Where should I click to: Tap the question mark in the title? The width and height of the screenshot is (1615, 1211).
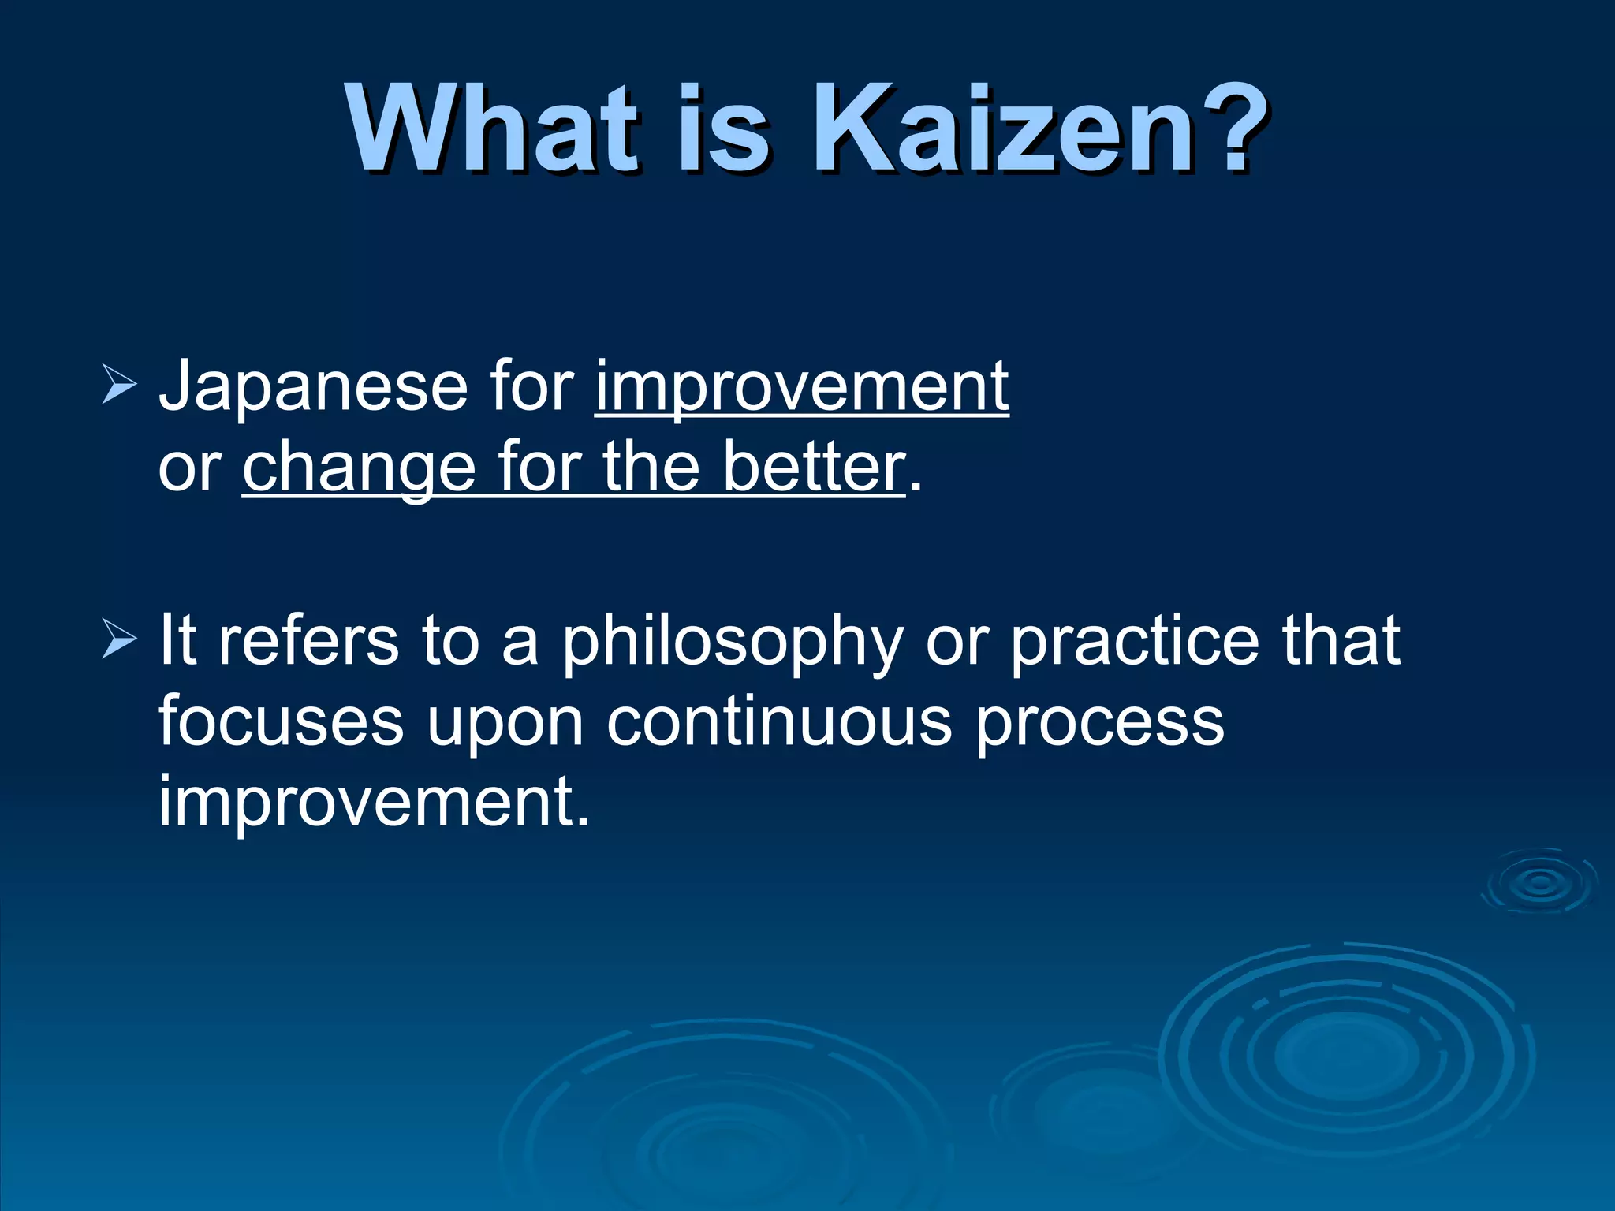1230,130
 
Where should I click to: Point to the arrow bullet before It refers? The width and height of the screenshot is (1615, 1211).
119,641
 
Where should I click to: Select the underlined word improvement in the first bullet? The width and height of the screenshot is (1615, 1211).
801,386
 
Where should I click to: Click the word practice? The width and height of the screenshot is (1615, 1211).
1135,640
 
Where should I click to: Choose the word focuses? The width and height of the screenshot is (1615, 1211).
281,721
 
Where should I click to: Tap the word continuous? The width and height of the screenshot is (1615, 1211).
780,721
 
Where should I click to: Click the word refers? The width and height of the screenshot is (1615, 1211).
308,640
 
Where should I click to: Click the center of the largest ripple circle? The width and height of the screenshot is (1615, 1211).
1347,1053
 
